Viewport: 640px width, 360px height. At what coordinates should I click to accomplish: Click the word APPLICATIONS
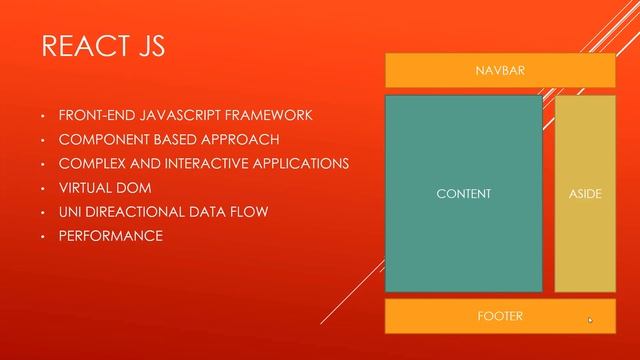click(x=299, y=163)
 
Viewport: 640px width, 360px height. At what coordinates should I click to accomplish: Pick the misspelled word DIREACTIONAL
click(x=136, y=212)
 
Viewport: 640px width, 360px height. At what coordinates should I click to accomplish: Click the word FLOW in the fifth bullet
click(x=249, y=212)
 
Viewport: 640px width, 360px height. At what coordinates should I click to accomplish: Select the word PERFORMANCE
click(x=110, y=236)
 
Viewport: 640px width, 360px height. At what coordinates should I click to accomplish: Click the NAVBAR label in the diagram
click(x=500, y=71)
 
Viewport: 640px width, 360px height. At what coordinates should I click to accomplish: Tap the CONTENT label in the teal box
click(x=464, y=194)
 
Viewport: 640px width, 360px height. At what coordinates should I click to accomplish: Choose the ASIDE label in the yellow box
click(x=585, y=194)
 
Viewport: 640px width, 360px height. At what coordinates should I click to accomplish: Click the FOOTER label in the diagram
click(x=500, y=316)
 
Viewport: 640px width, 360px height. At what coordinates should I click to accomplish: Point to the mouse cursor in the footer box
click(x=589, y=320)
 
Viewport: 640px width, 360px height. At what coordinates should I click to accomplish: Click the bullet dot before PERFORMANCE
click(x=43, y=237)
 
